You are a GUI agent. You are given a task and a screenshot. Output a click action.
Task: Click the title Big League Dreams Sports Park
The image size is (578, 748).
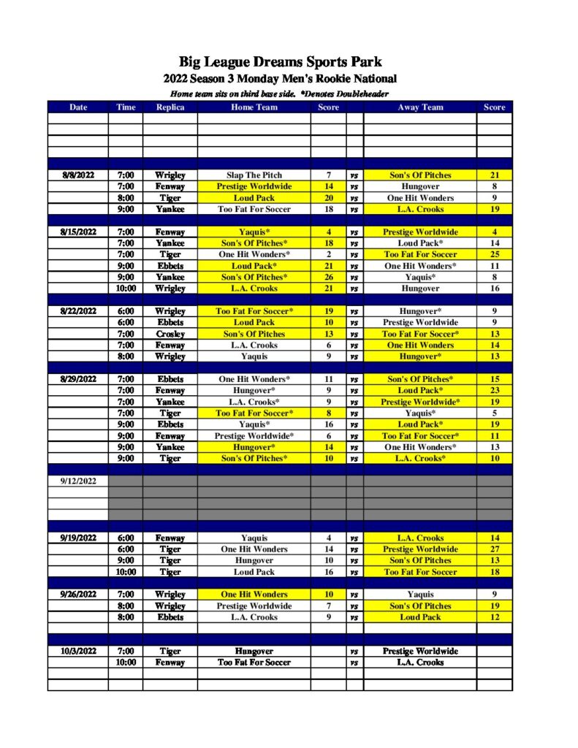(x=281, y=62)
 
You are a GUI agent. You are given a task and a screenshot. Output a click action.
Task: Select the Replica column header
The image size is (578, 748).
(x=170, y=107)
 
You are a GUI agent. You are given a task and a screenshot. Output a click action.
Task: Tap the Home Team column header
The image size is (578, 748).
(x=254, y=107)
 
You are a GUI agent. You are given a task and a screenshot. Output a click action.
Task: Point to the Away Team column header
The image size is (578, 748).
(x=420, y=107)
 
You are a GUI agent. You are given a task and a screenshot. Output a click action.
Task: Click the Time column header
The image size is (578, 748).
(x=126, y=107)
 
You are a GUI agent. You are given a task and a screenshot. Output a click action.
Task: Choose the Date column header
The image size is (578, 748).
(x=78, y=107)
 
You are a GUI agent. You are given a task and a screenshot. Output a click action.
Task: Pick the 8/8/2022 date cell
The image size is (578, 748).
(x=78, y=175)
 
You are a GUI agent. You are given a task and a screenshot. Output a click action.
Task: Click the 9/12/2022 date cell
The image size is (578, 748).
(x=78, y=481)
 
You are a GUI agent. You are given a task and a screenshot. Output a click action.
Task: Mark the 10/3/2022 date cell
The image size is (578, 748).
(x=78, y=651)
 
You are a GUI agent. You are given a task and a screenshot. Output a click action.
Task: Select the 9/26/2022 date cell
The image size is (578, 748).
(x=78, y=595)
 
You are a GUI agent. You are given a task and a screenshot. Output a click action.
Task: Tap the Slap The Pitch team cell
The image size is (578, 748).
(x=254, y=175)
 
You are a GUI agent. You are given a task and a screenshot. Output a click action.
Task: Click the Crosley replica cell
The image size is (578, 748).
(x=170, y=334)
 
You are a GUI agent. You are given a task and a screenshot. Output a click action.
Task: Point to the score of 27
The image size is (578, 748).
(x=494, y=549)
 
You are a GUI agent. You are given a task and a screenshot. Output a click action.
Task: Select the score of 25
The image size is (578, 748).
(x=494, y=255)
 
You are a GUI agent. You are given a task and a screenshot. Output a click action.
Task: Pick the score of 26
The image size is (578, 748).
(x=328, y=278)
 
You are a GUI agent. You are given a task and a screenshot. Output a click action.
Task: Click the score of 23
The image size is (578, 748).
(x=494, y=391)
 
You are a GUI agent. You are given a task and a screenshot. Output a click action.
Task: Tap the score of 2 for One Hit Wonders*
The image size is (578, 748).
(x=328, y=255)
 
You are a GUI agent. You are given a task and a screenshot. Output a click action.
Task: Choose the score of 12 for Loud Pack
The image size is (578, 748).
(x=494, y=617)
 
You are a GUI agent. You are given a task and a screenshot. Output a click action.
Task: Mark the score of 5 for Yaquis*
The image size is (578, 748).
(x=494, y=413)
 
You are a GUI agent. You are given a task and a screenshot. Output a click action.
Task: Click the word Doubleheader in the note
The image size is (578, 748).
(x=361, y=94)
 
